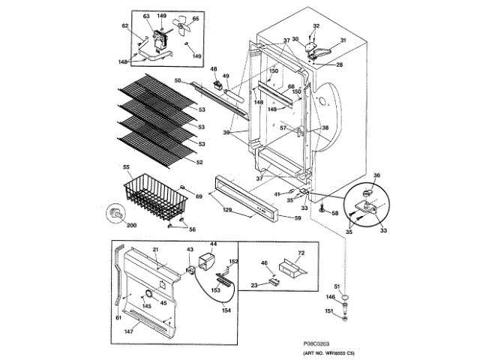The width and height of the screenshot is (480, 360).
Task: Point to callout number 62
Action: point(124,26)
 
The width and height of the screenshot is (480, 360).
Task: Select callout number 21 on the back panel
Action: point(156,249)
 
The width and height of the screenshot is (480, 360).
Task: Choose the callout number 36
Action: point(377,175)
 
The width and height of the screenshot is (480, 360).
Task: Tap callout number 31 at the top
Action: point(343,40)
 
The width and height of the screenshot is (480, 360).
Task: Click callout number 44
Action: point(213,244)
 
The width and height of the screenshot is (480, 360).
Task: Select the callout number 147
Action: point(130,331)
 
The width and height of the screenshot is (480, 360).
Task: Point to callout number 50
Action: point(177,80)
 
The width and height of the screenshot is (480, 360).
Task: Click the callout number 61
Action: point(117,319)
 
